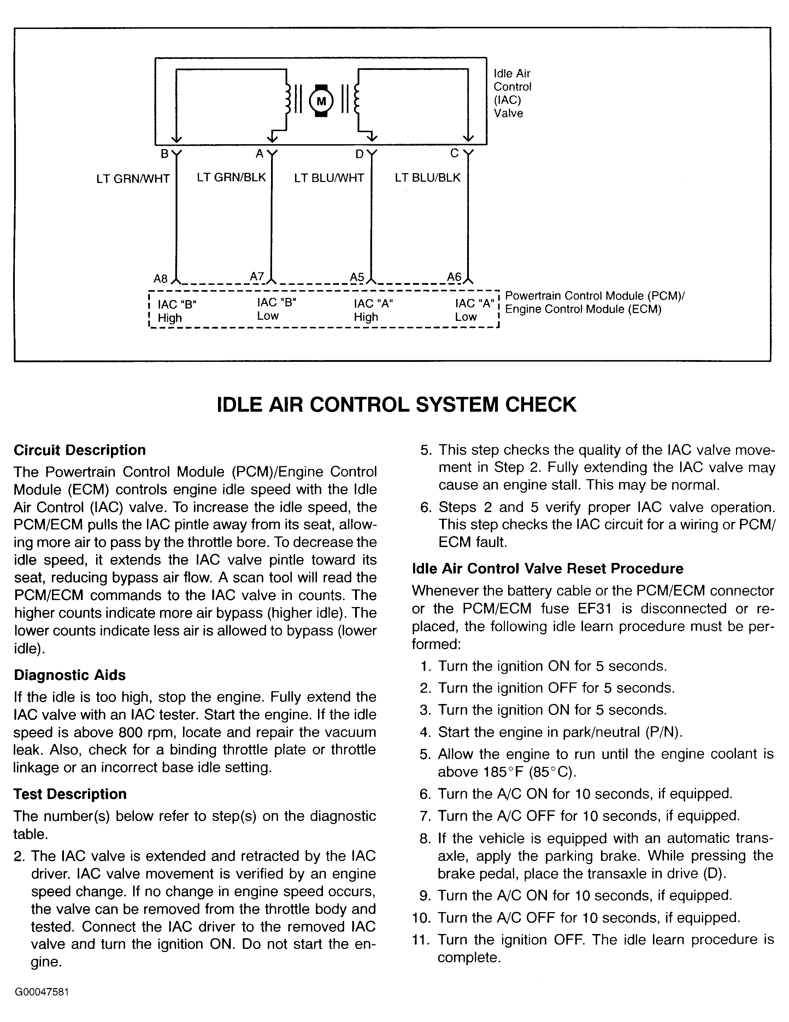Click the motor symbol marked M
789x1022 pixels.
point(321,101)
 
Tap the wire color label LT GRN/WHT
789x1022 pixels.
point(133,179)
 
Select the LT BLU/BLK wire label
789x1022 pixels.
point(428,178)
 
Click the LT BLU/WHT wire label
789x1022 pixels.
point(329,178)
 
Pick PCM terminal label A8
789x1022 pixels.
point(160,279)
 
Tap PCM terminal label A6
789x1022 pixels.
point(454,277)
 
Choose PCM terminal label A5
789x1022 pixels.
point(357,277)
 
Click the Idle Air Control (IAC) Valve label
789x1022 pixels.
point(512,93)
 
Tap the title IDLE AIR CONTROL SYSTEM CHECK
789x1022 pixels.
point(397,404)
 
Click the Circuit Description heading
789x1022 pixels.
point(80,450)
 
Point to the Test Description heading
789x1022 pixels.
point(70,794)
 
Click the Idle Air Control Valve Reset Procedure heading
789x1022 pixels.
point(548,568)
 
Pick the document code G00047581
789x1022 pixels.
point(42,1005)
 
